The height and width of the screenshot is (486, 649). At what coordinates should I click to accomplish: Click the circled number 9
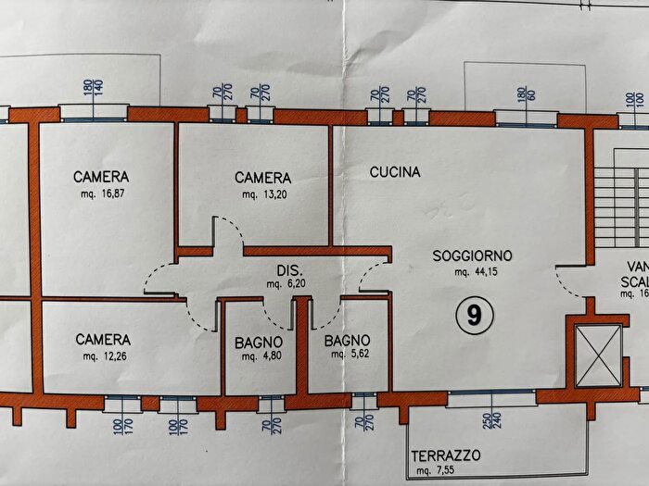474,317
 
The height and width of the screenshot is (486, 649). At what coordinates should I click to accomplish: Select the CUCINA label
395,172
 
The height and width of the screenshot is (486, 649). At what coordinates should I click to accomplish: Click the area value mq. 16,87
102,194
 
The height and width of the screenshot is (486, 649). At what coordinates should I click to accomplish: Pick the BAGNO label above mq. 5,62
348,340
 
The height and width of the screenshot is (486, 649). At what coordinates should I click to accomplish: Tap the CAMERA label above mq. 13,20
263,178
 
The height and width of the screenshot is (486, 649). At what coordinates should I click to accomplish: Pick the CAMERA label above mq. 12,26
102,340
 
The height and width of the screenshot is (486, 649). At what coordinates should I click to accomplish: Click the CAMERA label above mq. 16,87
102,176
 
